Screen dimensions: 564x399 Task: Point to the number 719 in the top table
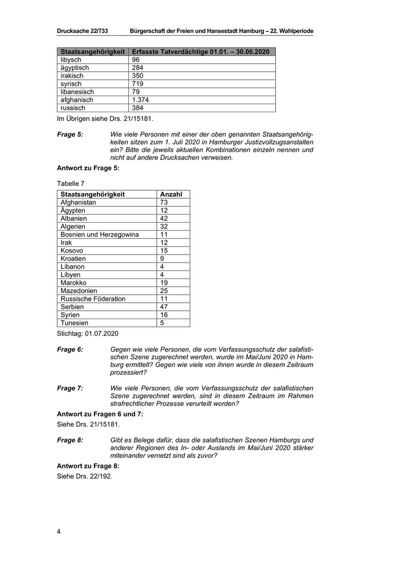pos(138,84)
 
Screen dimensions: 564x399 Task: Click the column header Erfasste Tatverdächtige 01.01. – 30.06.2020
pos(201,52)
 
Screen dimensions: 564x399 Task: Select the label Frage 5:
pos(70,134)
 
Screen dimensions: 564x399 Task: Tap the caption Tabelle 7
pos(71,183)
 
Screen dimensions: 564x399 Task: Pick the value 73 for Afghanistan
pos(164,202)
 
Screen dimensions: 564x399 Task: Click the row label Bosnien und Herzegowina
pos(99,234)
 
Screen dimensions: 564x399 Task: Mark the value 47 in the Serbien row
pos(164,306)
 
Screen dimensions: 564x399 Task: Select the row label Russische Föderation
pos(93,299)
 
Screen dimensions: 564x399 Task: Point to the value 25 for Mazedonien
pos(164,291)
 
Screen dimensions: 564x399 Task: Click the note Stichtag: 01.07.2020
pos(88,332)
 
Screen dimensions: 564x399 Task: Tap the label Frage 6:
pos(70,349)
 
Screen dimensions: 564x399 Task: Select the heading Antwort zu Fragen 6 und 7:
pos(100,414)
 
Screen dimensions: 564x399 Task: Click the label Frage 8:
pos(70,440)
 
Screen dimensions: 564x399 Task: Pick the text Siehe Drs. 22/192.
pos(85,476)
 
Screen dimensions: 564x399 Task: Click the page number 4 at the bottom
pos(59,532)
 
